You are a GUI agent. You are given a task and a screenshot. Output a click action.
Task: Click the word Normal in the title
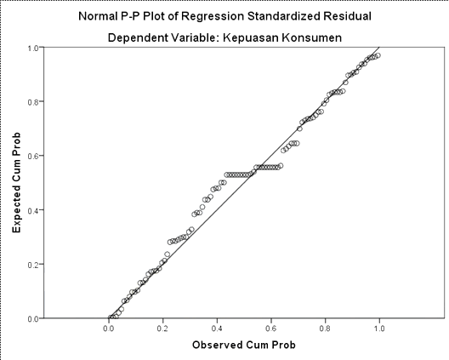pyautogui.click(x=97, y=16)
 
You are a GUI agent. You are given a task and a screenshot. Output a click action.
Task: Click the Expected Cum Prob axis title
pyautogui.click(x=17, y=183)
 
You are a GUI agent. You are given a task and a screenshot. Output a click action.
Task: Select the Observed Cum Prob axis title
pyautogui.click(x=244, y=345)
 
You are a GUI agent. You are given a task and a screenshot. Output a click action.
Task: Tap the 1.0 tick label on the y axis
pyautogui.click(x=33, y=48)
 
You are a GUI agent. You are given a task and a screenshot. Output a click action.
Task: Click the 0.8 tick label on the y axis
pyautogui.click(x=33, y=102)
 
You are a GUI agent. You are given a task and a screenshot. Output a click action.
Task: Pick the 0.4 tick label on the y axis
pyautogui.click(x=33, y=210)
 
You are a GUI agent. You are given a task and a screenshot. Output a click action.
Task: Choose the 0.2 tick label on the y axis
pyautogui.click(x=33, y=265)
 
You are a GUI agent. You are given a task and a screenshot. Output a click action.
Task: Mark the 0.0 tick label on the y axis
pyautogui.click(x=33, y=319)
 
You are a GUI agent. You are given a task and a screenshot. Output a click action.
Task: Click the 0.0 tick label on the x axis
pyautogui.click(x=109, y=329)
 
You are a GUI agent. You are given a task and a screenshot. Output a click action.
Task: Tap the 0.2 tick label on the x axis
pyautogui.click(x=162, y=329)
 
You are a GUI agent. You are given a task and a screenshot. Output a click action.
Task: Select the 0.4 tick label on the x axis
pyautogui.click(x=217, y=329)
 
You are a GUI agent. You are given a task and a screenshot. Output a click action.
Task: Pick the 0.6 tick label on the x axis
pyautogui.click(x=271, y=329)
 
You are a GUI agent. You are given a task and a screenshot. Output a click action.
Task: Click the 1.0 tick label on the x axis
pyautogui.click(x=379, y=329)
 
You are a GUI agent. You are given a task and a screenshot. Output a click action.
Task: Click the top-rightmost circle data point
pyautogui.click(x=378, y=55)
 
